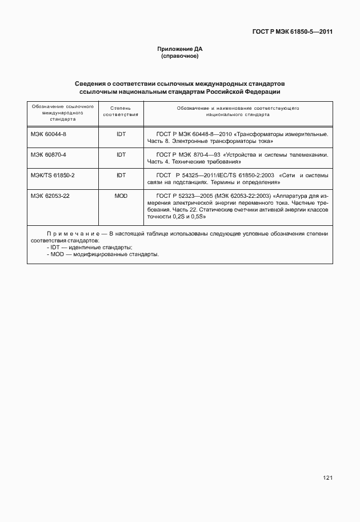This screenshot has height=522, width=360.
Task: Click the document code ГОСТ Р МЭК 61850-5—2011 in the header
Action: [292, 32]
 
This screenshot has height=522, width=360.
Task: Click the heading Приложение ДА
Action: [180, 49]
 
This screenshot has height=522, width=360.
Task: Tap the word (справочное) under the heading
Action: [180, 57]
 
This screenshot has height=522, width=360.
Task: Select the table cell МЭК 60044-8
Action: [49, 134]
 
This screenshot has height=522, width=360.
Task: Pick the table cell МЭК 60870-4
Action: [49, 154]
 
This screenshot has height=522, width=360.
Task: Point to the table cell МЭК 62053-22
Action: [50, 196]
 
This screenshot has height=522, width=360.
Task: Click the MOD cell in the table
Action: [121, 196]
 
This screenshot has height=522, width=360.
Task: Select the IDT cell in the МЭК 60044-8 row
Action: [121, 134]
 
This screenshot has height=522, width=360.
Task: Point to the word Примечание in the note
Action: [73, 234]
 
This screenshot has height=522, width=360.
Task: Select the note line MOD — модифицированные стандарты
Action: [103, 254]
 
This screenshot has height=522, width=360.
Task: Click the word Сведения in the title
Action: [92, 83]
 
